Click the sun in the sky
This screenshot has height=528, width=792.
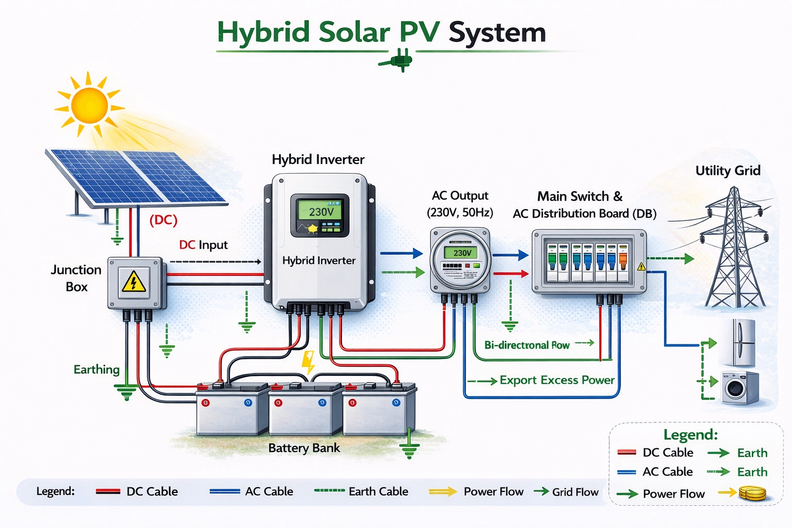coord(89,105)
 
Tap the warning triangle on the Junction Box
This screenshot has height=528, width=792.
coord(134,282)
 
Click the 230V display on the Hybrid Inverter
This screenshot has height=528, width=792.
coord(321,211)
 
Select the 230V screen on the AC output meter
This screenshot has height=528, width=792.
coord(461,253)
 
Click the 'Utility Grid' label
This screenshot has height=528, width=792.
coord(728,171)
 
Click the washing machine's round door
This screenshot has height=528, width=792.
coord(734,388)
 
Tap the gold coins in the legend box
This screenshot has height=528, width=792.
coord(752,493)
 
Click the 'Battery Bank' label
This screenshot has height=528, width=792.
coord(304,448)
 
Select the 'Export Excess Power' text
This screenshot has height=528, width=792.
coord(556,380)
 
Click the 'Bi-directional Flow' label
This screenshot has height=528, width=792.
coord(526,345)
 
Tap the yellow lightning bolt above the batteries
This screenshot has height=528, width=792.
coord(308,361)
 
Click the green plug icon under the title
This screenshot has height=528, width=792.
coord(397,60)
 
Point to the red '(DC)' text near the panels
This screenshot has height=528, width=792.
coord(163,220)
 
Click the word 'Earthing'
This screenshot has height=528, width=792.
coord(96,369)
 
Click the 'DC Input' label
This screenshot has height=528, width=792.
coord(203,245)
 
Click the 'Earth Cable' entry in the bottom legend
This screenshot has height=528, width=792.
coord(378,491)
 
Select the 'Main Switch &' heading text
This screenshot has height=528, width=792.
coord(580,196)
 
